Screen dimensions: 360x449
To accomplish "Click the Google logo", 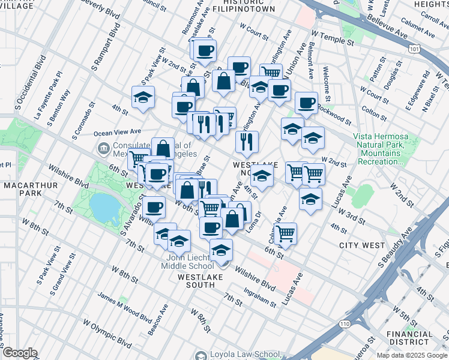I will tap(19, 353).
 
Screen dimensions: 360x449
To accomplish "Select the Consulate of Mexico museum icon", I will tap(103, 148).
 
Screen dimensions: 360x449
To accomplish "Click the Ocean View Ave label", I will tap(118, 131).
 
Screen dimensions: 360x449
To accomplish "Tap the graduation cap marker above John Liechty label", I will tap(221, 250).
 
